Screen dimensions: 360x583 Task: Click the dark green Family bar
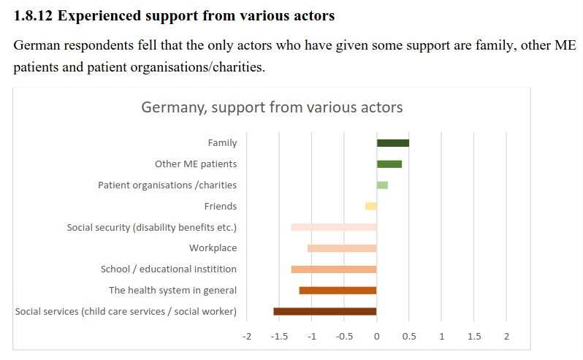393,143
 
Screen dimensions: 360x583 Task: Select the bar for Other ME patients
389,164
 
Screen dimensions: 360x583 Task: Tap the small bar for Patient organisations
382,185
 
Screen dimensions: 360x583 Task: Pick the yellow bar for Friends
371,207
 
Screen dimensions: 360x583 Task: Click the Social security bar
334,227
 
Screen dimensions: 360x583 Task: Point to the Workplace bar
342,248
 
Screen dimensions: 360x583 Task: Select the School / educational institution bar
334,269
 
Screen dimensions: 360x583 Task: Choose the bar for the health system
338,291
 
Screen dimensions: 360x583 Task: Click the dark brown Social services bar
325,312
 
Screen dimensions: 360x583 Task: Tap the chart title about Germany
272,107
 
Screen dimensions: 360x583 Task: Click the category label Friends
221,207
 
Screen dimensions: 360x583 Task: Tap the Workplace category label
213,248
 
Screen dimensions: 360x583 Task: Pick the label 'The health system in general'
172,291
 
